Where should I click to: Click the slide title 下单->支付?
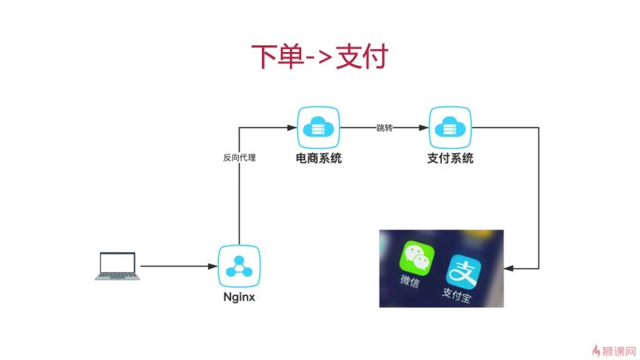[x=319, y=56]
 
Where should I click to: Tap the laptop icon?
[x=117, y=266]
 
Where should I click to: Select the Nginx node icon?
[x=239, y=266]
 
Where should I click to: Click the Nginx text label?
[x=239, y=297]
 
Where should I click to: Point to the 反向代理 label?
[x=239, y=157]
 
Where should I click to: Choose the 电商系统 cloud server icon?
[x=318, y=127]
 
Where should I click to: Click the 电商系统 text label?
[x=318, y=158]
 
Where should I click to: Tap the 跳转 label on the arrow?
[x=385, y=128]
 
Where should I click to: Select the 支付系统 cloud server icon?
[x=450, y=127]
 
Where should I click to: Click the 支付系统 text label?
[x=450, y=158]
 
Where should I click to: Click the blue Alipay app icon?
[x=463, y=271]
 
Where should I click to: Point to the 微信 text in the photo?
[x=410, y=281]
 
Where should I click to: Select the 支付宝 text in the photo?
[x=456, y=295]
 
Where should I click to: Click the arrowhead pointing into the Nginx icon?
[x=212, y=266]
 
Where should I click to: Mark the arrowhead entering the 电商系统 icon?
[x=292, y=128]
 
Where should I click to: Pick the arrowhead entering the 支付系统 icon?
[x=424, y=128]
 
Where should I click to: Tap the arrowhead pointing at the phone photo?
[x=508, y=269]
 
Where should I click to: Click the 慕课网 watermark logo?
[x=614, y=351]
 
